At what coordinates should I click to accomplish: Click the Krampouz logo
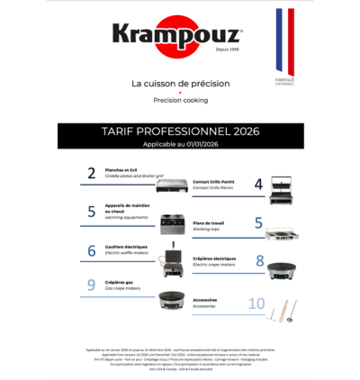(176, 35)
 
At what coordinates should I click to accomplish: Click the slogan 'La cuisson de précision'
(179, 84)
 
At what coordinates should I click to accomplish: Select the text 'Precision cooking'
(180, 101)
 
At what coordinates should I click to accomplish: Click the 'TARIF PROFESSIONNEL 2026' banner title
(180, 131)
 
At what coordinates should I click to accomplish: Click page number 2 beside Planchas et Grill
(91, 174)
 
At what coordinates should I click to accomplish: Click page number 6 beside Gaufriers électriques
(91, 251)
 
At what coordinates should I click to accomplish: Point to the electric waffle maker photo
(172, 258)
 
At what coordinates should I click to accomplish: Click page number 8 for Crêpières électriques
(259, 262)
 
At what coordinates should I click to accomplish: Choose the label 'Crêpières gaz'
(120, 282)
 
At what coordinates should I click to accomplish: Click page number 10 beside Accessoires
(256, 304)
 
